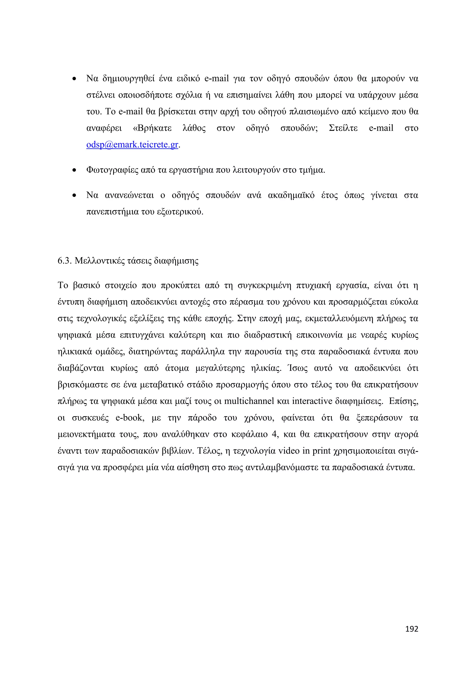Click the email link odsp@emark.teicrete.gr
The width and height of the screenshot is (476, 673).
pos(132,145)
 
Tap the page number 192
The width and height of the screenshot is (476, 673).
pos(412,629)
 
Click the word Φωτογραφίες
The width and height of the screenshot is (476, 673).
pos(112,170)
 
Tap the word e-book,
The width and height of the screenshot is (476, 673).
pos(130,418)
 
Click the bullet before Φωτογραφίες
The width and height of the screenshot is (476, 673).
pos(74,170)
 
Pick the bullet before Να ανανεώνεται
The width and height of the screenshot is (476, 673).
pos(74,195)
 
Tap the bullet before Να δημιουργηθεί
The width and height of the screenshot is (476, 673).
pos(74,79)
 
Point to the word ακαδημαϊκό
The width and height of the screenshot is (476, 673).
pos(291,195)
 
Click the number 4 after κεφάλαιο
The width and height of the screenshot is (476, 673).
pos(274,434)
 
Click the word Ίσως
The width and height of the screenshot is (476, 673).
pos(297,368)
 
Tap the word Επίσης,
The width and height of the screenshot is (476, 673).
pos(403,401)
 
